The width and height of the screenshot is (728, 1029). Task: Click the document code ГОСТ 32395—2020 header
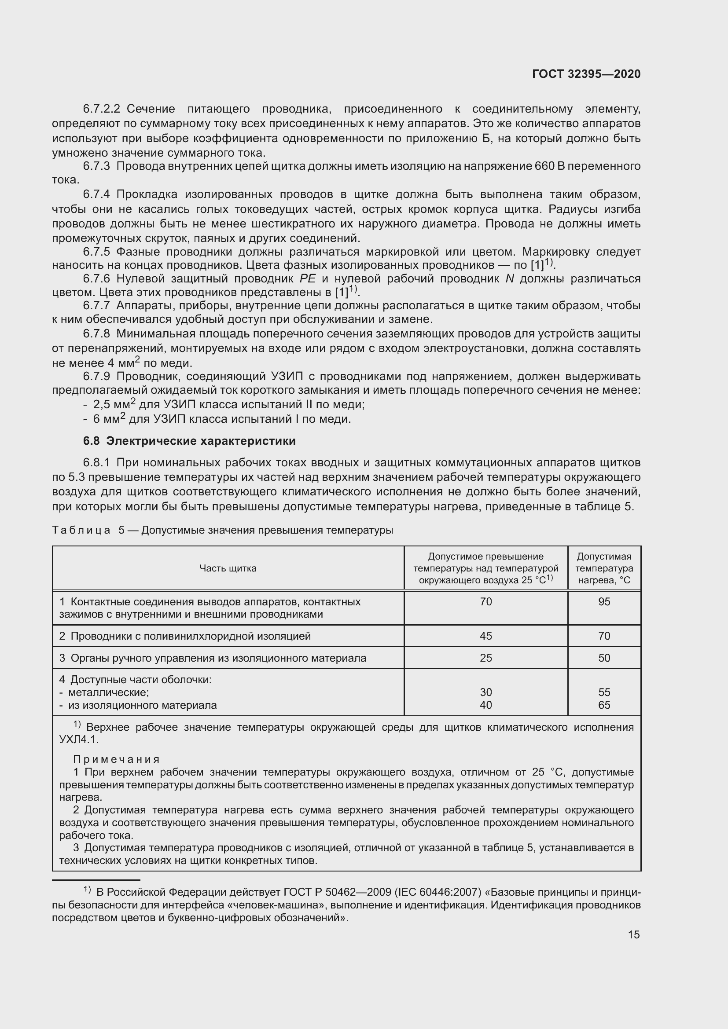click(586, 74)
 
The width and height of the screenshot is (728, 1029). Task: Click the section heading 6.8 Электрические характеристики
click(189, 441)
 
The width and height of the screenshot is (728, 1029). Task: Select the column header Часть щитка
click(228, 568)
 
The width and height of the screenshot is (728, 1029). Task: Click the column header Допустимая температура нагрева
click(604, 568)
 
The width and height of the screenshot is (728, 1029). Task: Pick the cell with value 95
click(604, 601)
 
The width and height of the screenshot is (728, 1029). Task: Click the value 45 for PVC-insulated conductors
click(485, 636)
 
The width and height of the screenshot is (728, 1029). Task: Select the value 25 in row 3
click(485, 658)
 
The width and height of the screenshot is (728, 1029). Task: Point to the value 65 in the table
click(604, 705)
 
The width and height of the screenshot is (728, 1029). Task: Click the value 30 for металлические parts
click(485, 692)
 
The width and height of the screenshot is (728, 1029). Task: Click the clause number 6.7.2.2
click(102, 109)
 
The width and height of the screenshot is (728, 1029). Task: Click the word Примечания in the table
click(117, 759)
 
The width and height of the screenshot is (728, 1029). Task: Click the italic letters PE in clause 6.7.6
click(308, 279)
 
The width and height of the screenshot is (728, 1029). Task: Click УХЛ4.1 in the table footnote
click(78, 740)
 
